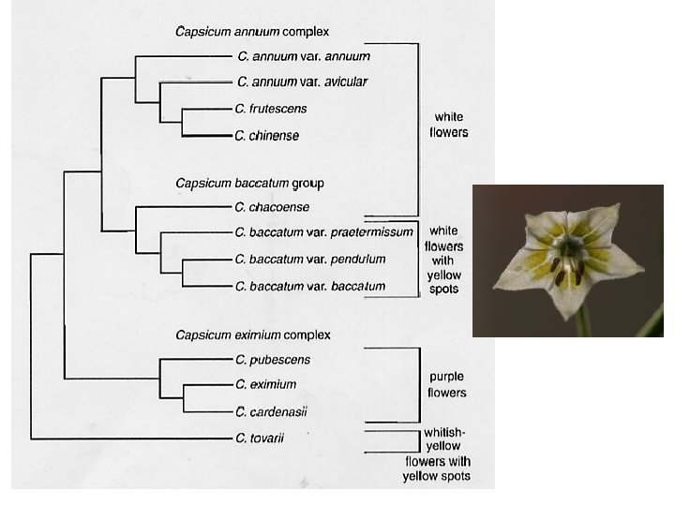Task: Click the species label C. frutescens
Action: (x=272, y=110)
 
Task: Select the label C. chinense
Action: (x=268, y=136)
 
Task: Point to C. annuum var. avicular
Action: (x=303, y=82)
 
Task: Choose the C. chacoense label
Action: (x=273, y=207)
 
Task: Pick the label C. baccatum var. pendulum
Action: (x=311, y=259)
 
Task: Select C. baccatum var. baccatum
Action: (x=311, y=286)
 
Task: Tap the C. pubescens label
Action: (x=274, y=360)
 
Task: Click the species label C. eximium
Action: (x=267, y=384)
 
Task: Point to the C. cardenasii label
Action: (x=272, y=411)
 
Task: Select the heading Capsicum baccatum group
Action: (x=249, y=184)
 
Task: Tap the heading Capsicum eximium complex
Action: (x=253, y=335)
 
